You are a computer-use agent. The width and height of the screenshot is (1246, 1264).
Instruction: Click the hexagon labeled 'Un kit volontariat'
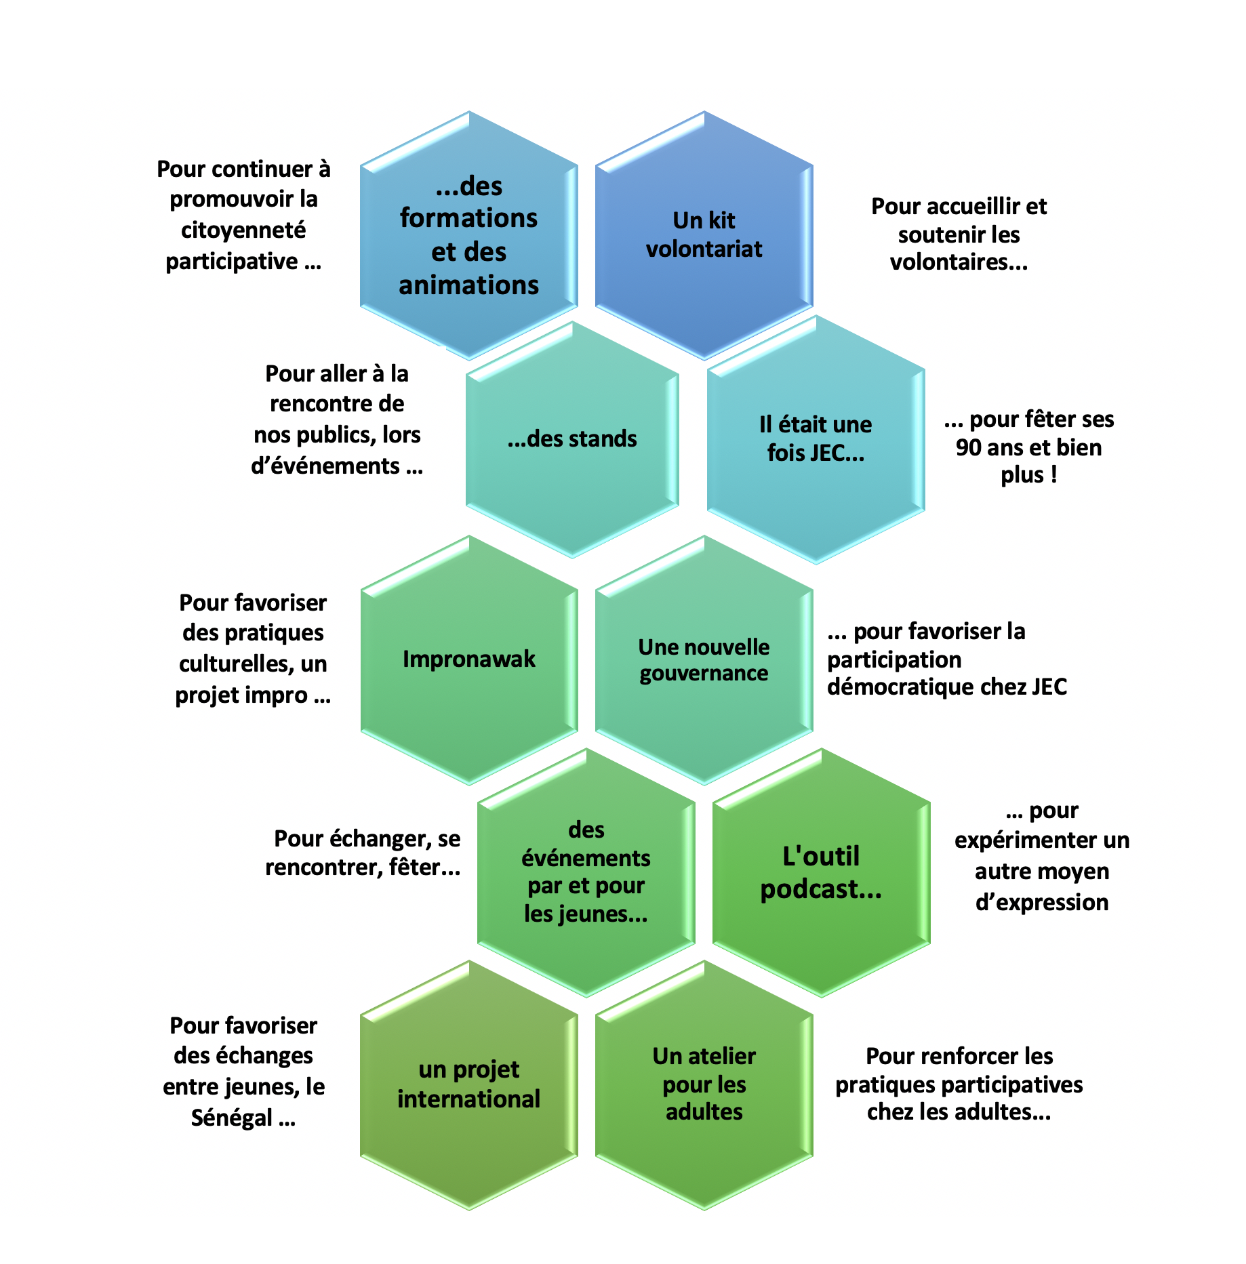coord(704,235)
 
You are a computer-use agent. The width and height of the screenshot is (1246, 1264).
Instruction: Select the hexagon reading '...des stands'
coord(572,439)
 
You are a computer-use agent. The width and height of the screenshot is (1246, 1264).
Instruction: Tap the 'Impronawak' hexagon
coord(468,659)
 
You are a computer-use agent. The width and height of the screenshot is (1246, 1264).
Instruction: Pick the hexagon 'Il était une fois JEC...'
coord(816,439)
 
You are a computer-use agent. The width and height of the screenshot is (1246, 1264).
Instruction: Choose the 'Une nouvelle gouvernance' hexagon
coord(704,659)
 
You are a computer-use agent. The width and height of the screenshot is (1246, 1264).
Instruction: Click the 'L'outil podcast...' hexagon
coord(821,872)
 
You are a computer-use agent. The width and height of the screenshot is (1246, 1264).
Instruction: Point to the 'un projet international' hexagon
coord(468,1084)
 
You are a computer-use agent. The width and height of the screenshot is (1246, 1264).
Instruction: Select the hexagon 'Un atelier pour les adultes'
coord(704,1084)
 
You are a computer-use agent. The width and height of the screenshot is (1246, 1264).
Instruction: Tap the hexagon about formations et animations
coord(468,235)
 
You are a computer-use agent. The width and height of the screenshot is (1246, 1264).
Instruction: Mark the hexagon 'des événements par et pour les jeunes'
coord(586,872)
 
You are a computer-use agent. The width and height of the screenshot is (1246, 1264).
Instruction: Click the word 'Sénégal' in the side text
coord(232,1118)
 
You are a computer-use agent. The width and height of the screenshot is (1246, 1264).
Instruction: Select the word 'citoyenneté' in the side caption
coord(243,230)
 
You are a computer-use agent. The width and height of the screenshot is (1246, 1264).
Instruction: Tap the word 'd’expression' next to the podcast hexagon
coord(1042,903)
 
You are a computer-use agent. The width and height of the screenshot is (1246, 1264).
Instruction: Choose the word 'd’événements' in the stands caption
coord(325,466)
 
